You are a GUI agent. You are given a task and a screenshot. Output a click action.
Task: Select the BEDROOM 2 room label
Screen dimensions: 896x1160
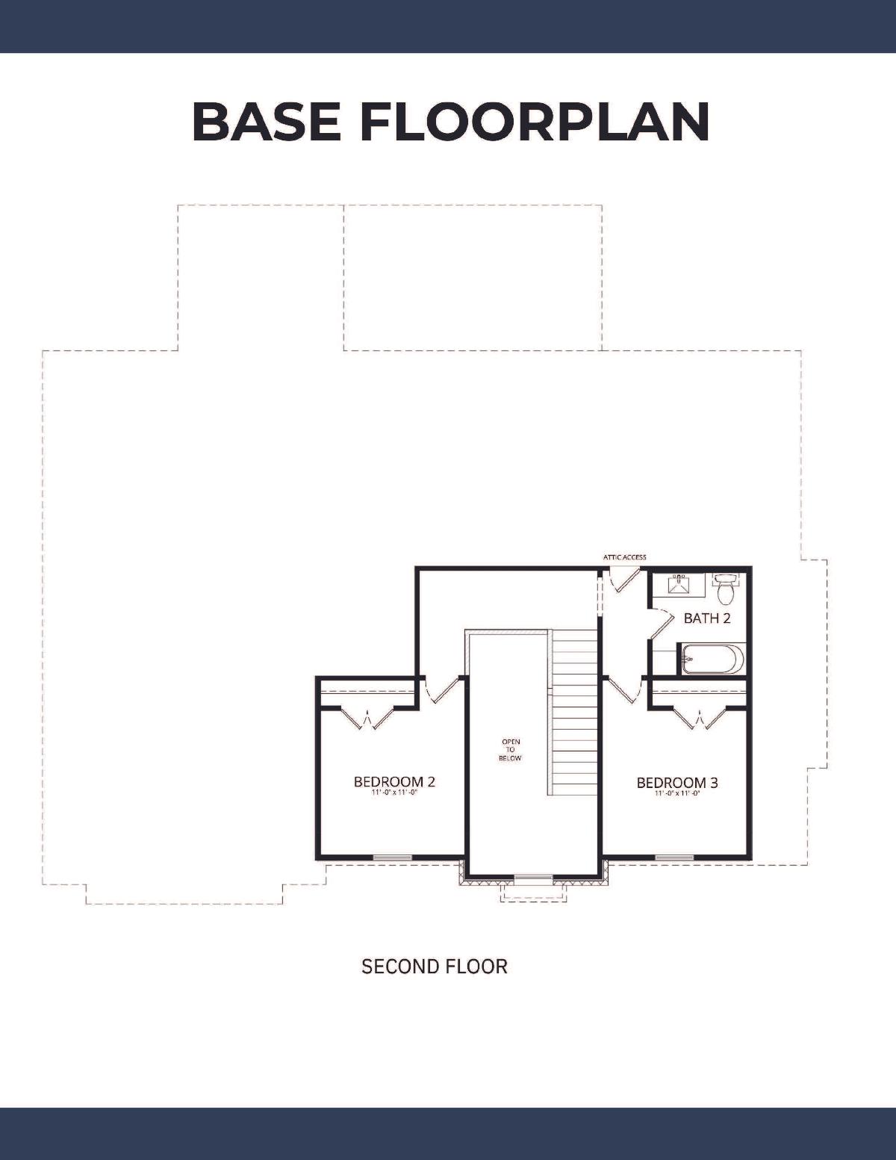[394, 781]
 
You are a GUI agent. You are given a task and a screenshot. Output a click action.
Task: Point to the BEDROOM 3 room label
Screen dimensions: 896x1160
[677, 783]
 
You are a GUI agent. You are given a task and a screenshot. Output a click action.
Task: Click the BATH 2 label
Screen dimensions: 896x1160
[707, 618]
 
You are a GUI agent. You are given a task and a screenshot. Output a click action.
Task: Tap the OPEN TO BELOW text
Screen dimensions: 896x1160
[511, 749]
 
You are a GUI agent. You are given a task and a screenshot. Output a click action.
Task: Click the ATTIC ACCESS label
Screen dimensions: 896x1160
[625, 557]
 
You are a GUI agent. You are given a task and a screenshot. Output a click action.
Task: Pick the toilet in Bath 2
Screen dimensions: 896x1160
[725, 588]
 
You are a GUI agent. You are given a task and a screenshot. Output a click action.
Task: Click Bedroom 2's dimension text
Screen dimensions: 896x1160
[394, 793]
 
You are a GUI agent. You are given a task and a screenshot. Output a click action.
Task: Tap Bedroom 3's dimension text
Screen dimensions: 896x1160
[677, 794]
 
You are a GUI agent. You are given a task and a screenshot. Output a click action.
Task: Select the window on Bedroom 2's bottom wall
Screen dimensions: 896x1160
[392, 857]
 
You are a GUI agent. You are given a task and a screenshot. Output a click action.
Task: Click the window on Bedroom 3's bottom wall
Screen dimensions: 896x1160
[674, 857]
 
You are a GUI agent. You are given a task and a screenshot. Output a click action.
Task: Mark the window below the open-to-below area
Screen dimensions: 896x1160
[534, 877]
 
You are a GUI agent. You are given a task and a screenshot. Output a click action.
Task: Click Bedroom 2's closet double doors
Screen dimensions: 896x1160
[367, 719]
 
